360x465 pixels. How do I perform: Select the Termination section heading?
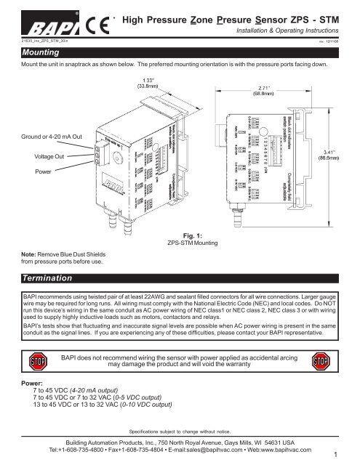[x=50, y=278]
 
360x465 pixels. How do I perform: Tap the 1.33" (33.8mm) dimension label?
[x=151, y=81]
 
